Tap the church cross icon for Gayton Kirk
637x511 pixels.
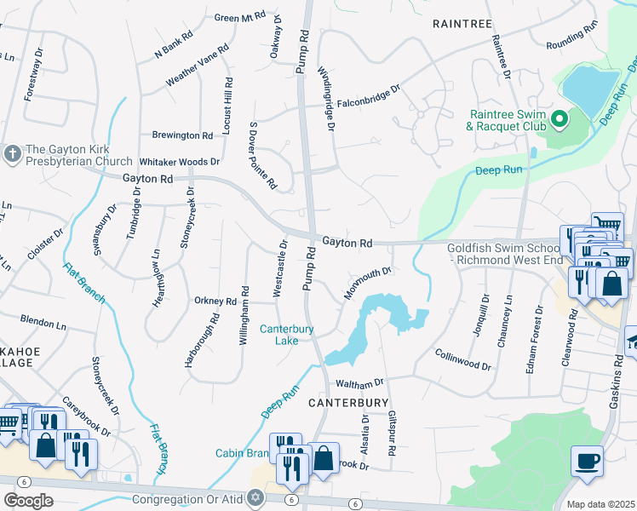point(13,154)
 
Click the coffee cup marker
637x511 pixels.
point(587,462)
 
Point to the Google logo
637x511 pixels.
point(28,501)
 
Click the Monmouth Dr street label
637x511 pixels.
point(367,283)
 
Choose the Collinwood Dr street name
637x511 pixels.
point(463,359)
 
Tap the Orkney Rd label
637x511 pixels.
point(215,301)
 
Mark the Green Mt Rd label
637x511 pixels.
point(240,17)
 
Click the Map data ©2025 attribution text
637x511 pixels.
point(600,504)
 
